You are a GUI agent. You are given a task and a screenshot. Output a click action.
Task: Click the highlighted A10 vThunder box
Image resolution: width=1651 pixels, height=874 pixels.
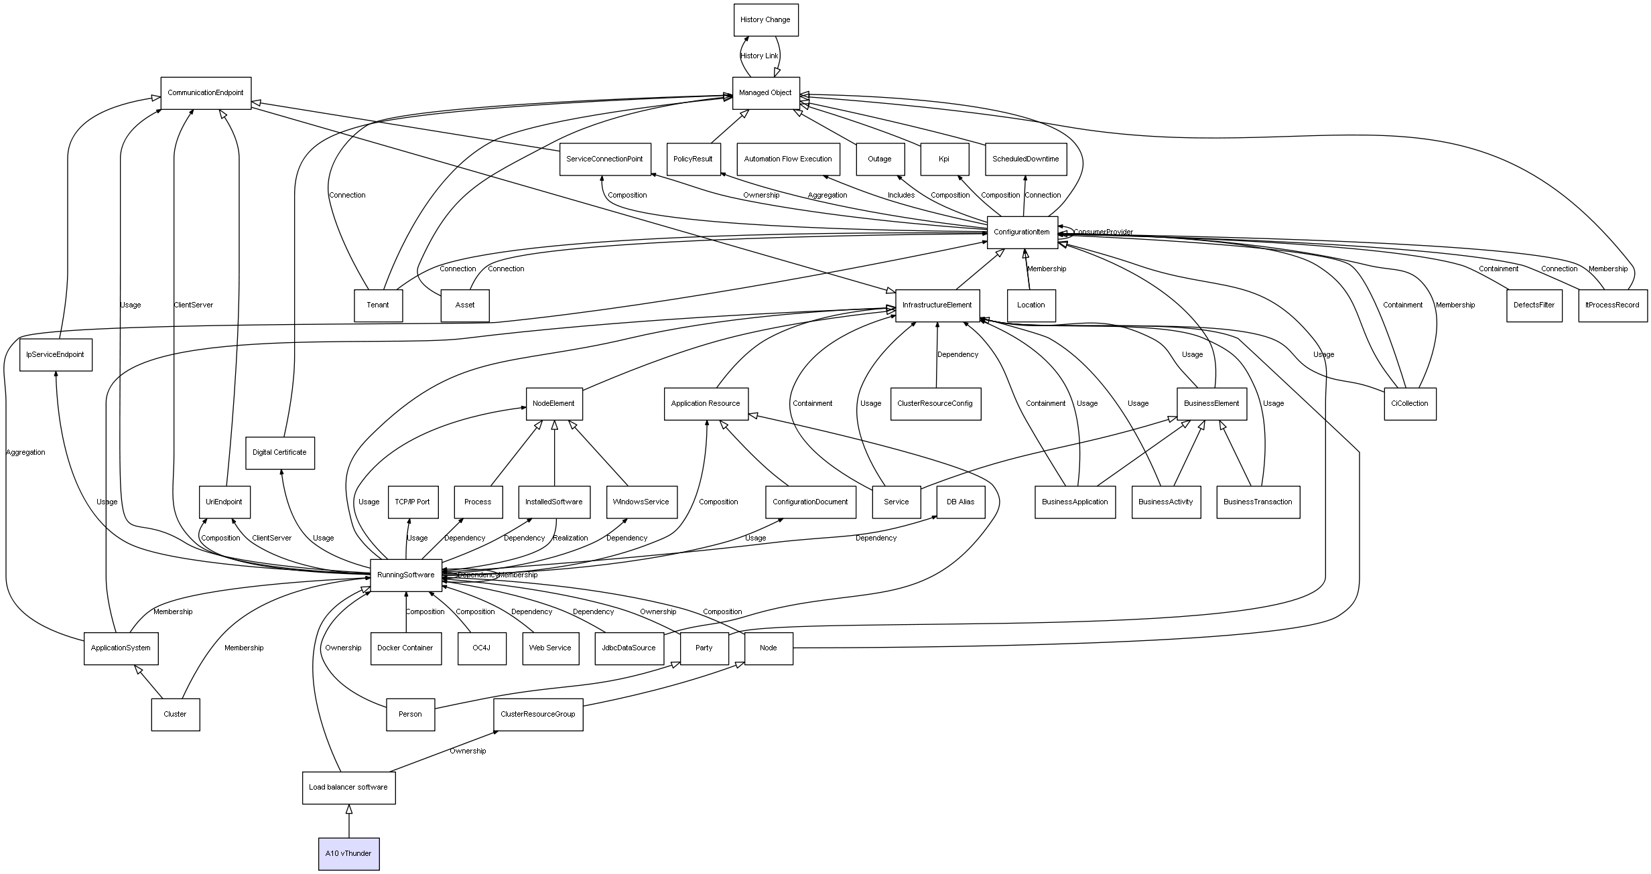[348, 853]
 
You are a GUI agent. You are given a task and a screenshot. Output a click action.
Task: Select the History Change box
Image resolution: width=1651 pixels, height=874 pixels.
[765, 20]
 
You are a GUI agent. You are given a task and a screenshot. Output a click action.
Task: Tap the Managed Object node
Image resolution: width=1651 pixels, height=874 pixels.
[765, 93]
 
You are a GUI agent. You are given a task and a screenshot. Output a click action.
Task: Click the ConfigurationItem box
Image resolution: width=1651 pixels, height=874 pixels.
[1022, 232]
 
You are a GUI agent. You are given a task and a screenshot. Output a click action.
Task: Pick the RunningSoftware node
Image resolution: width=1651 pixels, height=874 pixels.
[405, 575]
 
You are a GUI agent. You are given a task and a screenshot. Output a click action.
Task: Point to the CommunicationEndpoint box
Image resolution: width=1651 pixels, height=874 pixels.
[206, 93]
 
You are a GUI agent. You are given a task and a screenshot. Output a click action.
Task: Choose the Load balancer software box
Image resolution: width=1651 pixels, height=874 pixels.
[348, 788]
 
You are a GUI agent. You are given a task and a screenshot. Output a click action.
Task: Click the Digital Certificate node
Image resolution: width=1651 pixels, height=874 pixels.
[279, 453]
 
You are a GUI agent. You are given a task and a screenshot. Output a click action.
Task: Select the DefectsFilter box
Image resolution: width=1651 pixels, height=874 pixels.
[1534, 305]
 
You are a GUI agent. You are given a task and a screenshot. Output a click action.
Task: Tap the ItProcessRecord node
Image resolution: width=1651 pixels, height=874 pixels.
[1612, 305]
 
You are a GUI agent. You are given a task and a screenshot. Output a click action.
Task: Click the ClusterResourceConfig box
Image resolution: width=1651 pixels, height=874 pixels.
[935, 404]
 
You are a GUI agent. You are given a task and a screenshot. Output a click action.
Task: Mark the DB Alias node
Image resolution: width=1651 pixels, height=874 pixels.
[960, 502]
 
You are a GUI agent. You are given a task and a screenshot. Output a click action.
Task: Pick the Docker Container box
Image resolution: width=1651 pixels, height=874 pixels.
[405, 648]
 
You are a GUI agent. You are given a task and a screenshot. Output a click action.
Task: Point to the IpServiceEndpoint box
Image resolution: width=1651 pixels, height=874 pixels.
[56, 355]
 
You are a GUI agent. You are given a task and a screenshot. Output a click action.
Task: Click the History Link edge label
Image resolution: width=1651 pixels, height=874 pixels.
[759, 56]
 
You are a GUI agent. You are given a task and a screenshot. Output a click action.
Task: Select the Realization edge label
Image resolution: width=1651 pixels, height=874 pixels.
[570, 538]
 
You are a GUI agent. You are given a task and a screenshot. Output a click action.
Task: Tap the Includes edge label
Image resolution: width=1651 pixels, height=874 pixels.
[901, 196]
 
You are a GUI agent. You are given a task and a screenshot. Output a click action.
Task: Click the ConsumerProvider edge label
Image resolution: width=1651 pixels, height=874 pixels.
[1103, 232]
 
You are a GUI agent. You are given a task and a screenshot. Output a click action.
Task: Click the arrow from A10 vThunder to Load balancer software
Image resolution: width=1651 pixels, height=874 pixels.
[348, 821]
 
